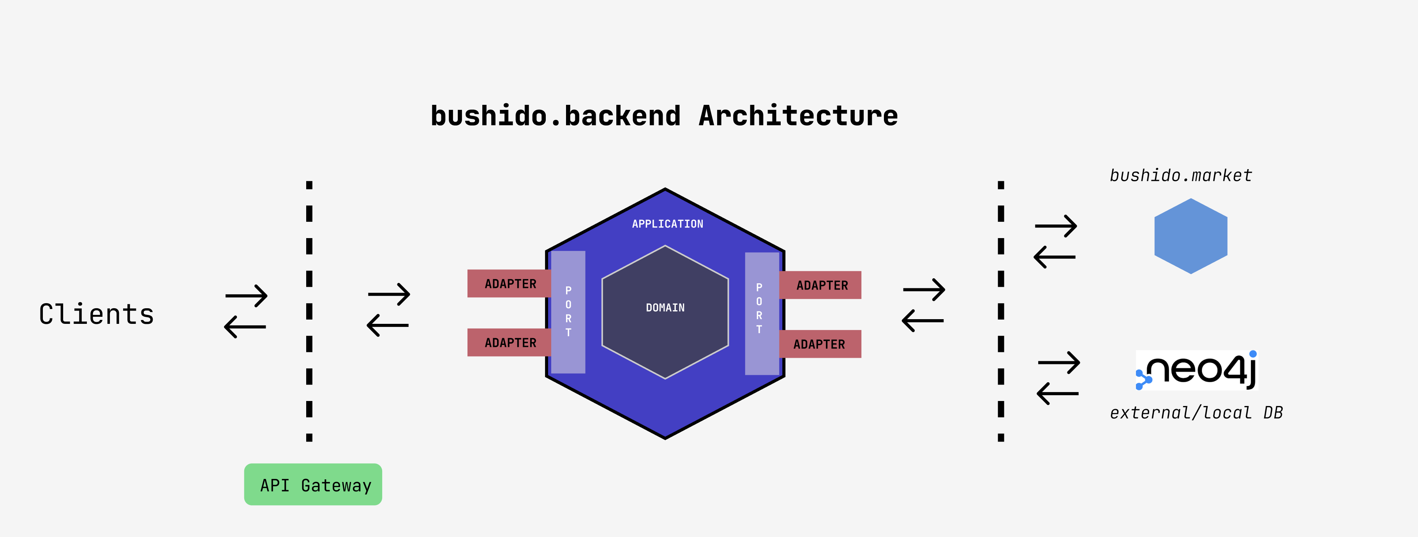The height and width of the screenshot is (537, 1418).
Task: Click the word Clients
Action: click(x=96, y=314)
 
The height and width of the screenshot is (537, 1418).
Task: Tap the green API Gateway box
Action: click(x=313, y=485)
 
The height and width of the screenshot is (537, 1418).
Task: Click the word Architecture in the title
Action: click(x=798, y=116)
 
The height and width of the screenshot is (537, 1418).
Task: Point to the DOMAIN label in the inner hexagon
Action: click(x=665, y=308)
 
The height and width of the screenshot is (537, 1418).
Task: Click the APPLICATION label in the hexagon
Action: click(x=667, y=224)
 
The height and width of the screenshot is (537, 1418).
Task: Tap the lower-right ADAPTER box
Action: click(x=820, y=344)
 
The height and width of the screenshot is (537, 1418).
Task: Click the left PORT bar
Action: click(x=568, y=312)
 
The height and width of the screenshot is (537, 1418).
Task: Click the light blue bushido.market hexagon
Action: click(x=1190, y=236)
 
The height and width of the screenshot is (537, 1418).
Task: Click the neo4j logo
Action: click(x=1197, y=370)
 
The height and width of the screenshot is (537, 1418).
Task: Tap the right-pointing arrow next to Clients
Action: click(x=247, y=296)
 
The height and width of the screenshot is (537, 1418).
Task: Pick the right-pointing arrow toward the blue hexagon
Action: click(x=1056, y=226)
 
